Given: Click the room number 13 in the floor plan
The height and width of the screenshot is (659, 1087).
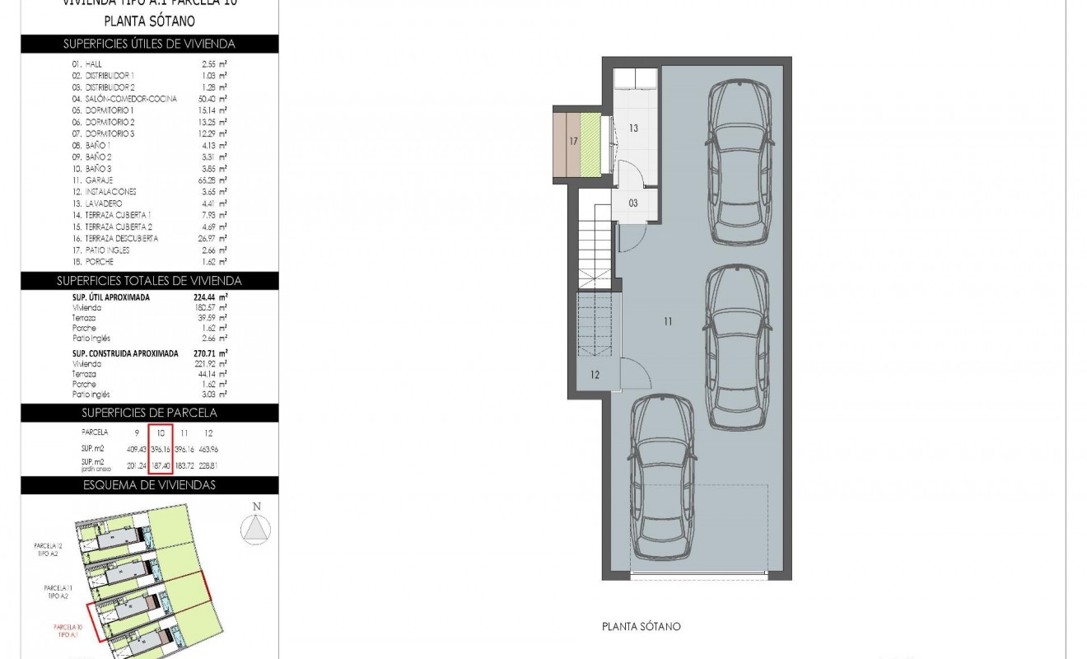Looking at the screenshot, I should click(x=633, y=129).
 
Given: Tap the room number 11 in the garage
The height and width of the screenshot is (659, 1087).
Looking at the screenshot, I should click(x=668, y=321).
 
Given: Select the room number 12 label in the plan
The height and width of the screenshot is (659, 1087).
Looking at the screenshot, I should click(x=595, y=375).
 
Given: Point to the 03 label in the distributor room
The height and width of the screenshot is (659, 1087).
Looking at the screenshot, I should click(x=633, y=203).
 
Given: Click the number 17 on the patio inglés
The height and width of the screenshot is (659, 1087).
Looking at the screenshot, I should click(x=573, y=142).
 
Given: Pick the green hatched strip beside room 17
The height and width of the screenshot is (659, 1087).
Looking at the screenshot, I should click(x=590, y=143).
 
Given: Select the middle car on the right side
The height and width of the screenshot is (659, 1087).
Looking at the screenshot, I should click(x=739, y=348).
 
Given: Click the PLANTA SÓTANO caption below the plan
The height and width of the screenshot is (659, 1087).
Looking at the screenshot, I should click(x=641, y=627).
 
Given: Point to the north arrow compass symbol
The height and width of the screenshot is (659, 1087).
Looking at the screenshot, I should click(x=257, y=526).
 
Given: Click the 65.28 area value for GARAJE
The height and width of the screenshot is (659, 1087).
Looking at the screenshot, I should click(x=213, y=180).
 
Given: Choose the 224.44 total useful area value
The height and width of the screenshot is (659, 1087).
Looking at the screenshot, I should click(x=212, y=297).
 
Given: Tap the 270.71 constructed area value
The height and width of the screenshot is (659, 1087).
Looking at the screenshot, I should click(x=212, y=353).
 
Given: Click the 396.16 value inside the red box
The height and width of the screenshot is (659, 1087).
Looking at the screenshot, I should click(x=161, y=450).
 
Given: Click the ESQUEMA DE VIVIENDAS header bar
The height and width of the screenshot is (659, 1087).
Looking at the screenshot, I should click(x=149, y=485).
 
